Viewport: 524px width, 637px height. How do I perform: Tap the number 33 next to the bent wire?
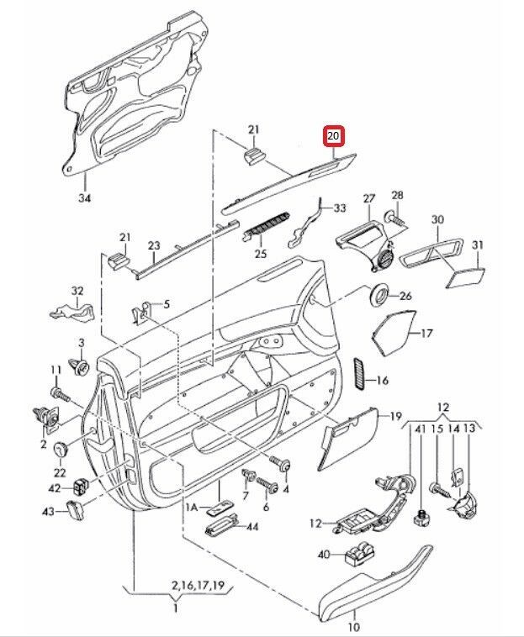point(338,208)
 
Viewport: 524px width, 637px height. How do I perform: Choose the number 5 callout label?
point(166,303)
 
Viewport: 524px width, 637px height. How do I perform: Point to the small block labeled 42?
point(81,486)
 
